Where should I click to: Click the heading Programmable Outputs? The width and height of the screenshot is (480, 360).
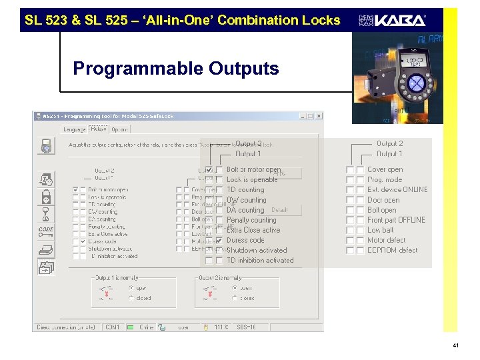pyautogui.click(x=176, y=69)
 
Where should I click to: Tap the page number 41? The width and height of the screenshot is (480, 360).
pyautogui.click(x=455, y=345)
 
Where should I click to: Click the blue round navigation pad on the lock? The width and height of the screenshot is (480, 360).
pyautogui.click(x=416, y=83)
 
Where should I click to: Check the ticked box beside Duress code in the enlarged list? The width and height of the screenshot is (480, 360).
pyautogui.click(x=219, y=240)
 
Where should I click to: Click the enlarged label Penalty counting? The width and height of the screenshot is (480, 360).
pyautogui.click(x=251, y=220)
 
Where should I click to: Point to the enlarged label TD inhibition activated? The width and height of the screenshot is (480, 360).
pyautogui.click(x=260, y=261)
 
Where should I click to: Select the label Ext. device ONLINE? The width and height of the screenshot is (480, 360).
pyautogui.click(x=397, y=190)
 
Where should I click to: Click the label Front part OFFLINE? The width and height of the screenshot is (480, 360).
pyautogui.click(x=396, y=220)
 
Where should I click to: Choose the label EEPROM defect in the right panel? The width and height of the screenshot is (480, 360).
pyautogui.click(x=393, y=251)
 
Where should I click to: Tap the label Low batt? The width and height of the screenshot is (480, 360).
pyautogui.click(x=381, y=230)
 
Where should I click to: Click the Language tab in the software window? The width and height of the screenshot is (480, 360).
pyautogui.click(x=74, y=129)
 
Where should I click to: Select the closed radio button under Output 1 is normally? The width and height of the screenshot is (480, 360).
pyautogui.click(x=131, y=299)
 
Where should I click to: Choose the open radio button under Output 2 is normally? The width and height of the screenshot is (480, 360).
pyautogui.click(x=235, y=288)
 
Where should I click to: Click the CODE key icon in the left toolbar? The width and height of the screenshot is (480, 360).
pyautogui.click(x=46, y=230)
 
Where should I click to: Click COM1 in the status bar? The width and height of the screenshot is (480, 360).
pyautogui.click(x=111, y=327)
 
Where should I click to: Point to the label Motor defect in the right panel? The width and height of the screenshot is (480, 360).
pyautogui.click(x=386, y=241)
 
